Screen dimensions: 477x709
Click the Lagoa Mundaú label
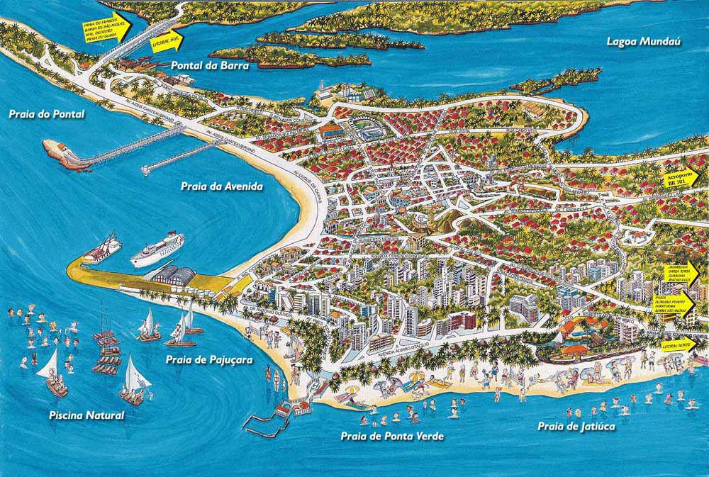[643, 42]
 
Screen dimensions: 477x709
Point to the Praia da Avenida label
[212, 187]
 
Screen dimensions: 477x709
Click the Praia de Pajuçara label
[209, 359]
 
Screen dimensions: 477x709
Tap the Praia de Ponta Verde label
[392, 436]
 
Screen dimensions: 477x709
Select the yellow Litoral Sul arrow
[167, 42]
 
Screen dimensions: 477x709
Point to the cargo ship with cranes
[101, 249]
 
